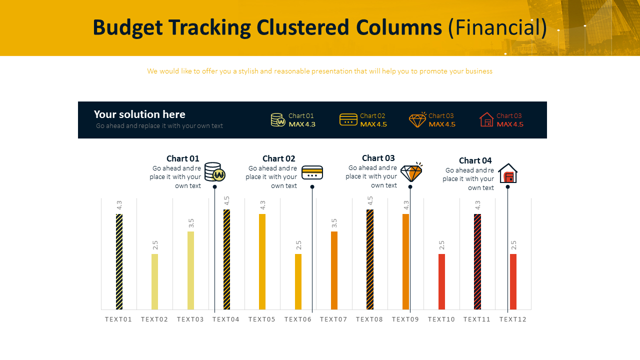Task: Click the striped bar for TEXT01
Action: click(119, 261)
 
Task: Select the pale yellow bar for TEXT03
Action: click(190, 270)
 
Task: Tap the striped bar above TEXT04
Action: click(226, 259)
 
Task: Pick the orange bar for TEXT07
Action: click(334, 270)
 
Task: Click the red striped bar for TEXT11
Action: click(477, 261)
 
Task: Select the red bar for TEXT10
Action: click(441, 281)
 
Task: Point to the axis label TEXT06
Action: click(298, 319)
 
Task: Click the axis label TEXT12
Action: click(513, 319)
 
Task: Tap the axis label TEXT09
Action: click(405, 319)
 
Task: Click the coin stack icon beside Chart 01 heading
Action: click(214, 171)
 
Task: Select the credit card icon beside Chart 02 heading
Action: click(312, 172)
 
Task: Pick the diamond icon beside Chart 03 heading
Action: click(411, 172)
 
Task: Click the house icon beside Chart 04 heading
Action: click(507, 173)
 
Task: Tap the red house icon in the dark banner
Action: click(486, 120)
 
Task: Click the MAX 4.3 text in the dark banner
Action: click(302, 124)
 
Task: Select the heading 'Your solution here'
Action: click(139, 114)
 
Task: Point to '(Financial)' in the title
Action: click(497, 27)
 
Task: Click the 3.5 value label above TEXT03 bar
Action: click(191, 223)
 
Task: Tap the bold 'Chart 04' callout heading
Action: click(475, 160)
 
